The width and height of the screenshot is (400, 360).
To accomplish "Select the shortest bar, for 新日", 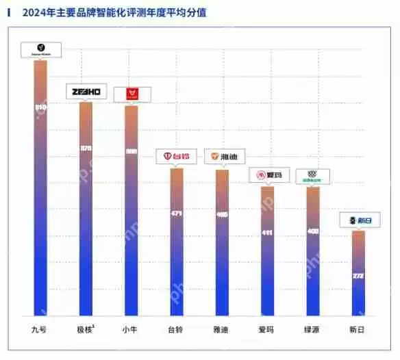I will [358, 274].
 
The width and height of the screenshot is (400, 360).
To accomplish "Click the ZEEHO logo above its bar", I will [86, 92].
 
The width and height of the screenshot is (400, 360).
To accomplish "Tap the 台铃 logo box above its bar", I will [177, 157].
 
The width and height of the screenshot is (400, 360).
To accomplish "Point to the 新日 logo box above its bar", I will [360, 220].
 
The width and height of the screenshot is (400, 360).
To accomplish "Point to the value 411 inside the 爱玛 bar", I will [267, 233].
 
